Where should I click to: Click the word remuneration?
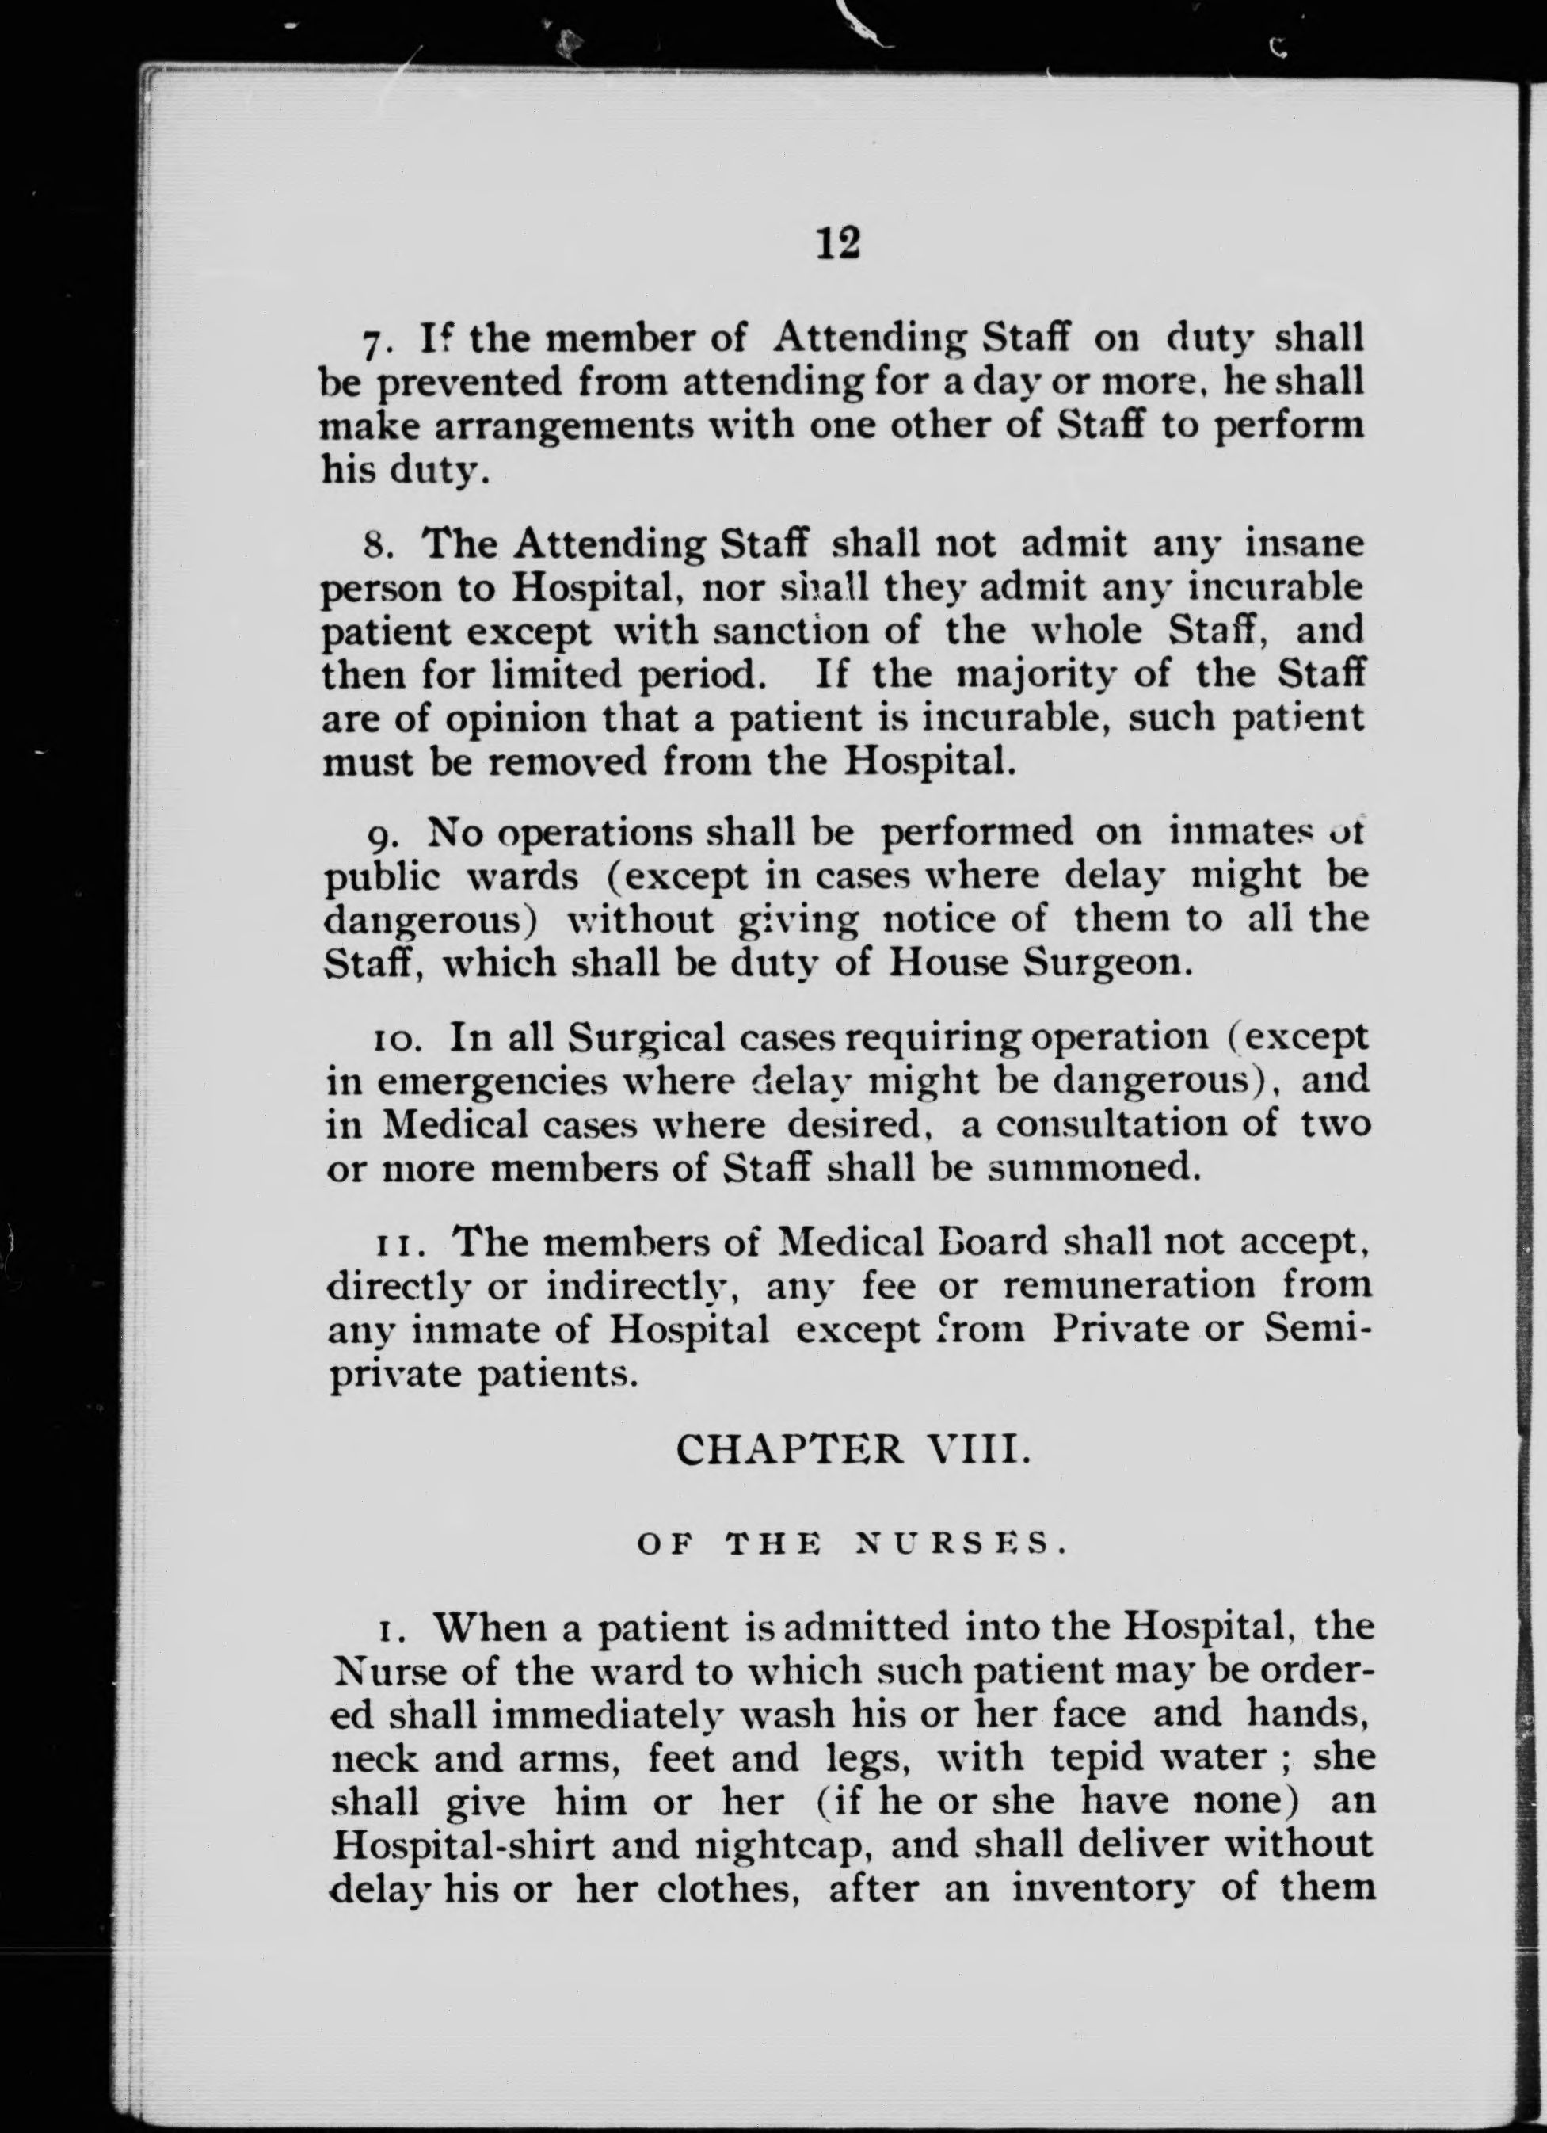(x=1129, y=1284)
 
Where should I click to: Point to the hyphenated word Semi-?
(x=1320, y=1329)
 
